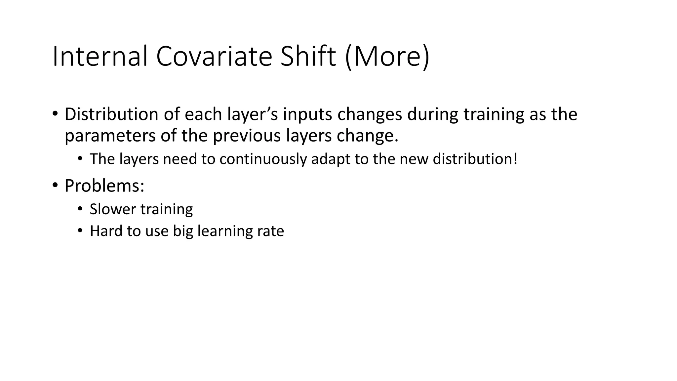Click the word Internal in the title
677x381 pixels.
click(100, 57)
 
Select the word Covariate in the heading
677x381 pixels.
click(214, 57)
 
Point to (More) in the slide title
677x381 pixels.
click(387, 57)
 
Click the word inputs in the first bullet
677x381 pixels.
click(307, 114)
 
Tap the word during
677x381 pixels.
click(432, 114)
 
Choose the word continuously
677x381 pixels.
click(263, 159)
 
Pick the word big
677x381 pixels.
click(183, 231)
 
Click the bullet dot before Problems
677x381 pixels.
click(55, 185)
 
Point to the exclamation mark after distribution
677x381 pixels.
click(515, 159)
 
